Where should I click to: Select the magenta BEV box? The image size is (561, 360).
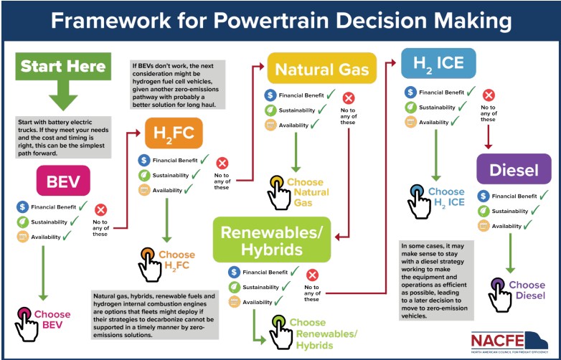pyautogui.click(x=63, y=181)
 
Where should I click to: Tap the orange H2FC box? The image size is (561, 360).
pyautogui.click(x=173, y=133)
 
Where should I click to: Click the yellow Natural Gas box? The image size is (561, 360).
pyautogui.click(x=322, y=69)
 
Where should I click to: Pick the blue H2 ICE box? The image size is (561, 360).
pyautogui.click(x=435, y=62)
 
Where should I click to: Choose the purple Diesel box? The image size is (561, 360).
pyautogui.click(x=514, y=169)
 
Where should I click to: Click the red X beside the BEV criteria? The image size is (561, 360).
pyautogui.click(x=101, y=210)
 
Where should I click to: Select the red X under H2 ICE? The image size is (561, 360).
pyautogui.click(x=489, y=95)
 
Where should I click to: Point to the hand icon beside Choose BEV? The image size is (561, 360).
pyautogui.click(x=27, y=322)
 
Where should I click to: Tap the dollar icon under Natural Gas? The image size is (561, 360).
pyautogui.click(x=270, y=95)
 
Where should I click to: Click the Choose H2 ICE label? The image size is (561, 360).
pyautogui.click(x=446, y=197)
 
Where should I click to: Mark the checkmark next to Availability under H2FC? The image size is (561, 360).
pyautogui.click(x=188, y=190)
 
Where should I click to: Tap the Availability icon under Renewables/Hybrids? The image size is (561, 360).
pyautogui.click(x=233, y=303)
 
